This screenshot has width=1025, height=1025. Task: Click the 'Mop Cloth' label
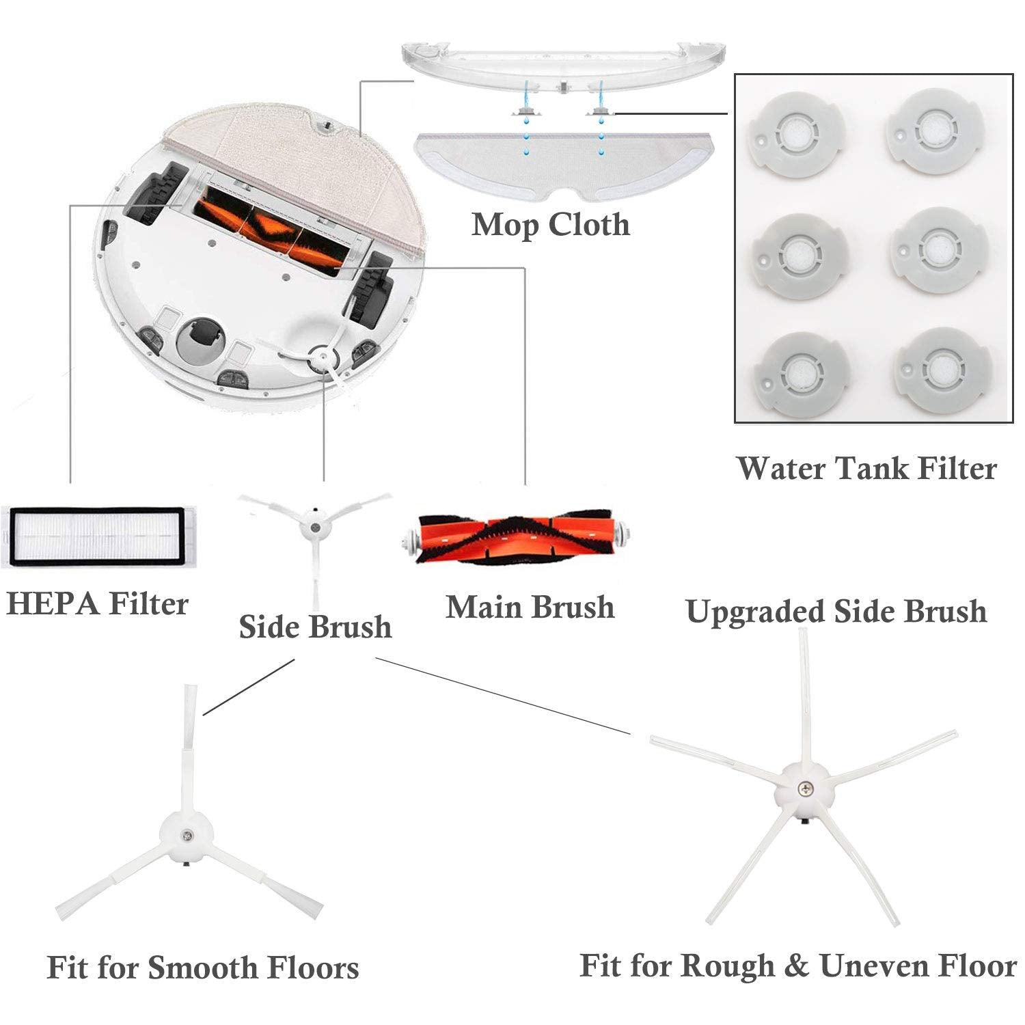(551, 225)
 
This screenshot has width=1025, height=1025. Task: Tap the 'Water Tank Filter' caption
(866, 469)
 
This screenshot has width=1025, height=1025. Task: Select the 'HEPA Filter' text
(97, 604)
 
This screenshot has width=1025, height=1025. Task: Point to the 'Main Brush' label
(530, 607)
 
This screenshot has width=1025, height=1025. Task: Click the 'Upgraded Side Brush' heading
(836, 611)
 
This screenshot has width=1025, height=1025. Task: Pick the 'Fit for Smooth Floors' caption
(203, 968)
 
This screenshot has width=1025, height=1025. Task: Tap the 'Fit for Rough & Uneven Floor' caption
(798, 966)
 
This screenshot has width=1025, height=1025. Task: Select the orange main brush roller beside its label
(515, 536)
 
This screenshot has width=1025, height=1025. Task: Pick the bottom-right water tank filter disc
(944, 370)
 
